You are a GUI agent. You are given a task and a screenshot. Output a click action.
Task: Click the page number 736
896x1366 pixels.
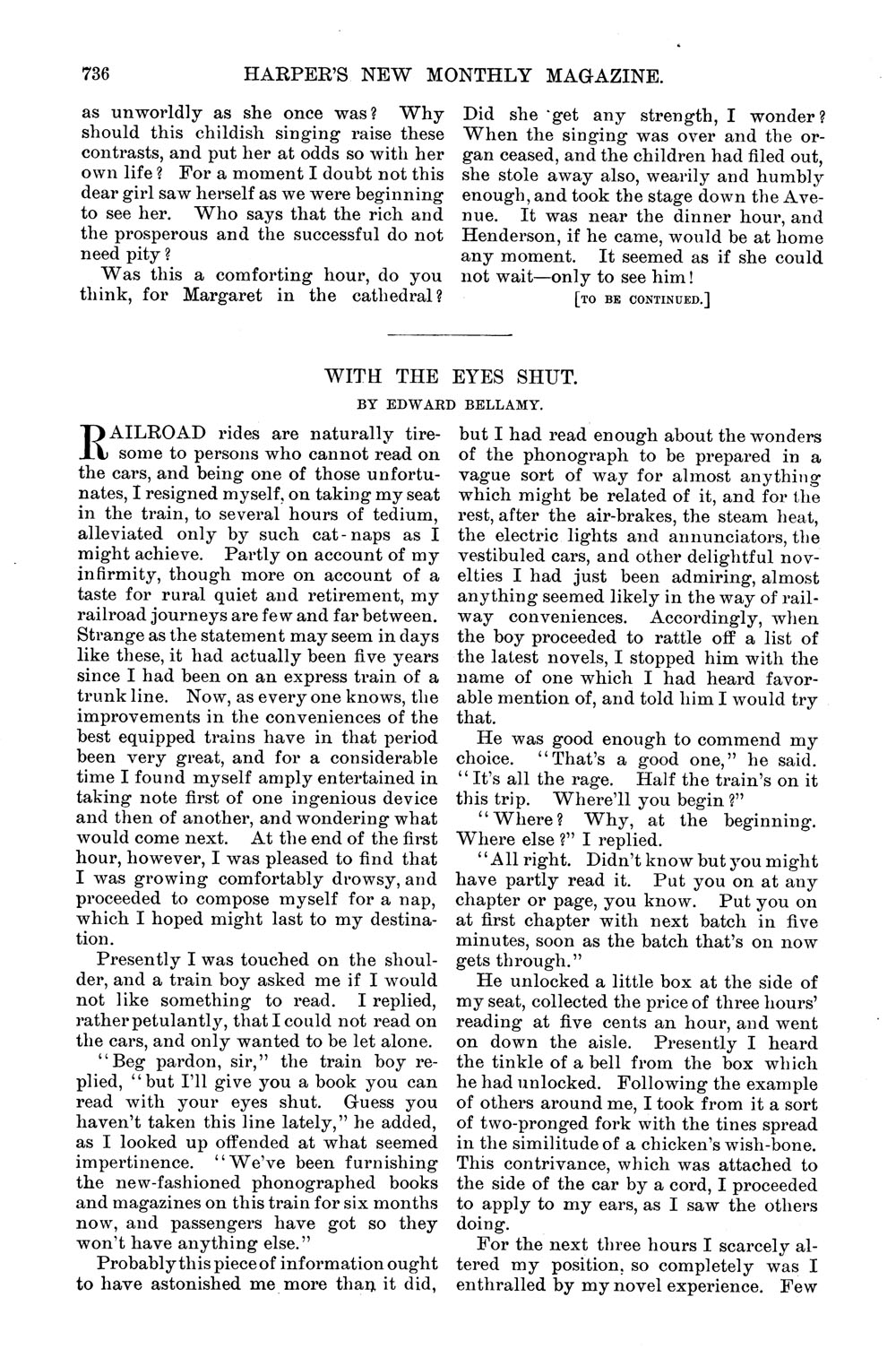[95, 77]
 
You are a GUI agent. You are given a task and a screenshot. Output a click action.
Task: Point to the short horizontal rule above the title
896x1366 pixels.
[448, 335]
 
